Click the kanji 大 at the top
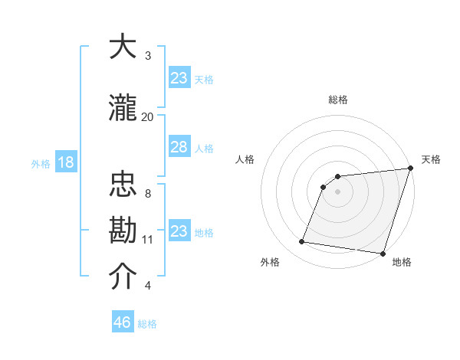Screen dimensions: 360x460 [x=123, y=48]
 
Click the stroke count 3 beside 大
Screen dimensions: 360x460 [x=148, y=56]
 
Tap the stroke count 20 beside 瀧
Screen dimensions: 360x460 [x=148, y=116]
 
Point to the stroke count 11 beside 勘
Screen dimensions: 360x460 [x=148, y=239]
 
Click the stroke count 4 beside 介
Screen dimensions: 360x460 [x=148, y=286]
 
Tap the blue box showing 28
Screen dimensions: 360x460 [x=179, y=147]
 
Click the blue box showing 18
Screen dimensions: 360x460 [x=65, y=162]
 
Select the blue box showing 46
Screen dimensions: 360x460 [x=123, y=322]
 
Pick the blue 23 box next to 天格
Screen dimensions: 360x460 [x=179, y=78]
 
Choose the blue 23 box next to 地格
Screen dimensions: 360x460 [x=179, y=231]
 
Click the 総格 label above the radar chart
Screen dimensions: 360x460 [x=338, y=100]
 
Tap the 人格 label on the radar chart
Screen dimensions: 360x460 [x=245, y=159]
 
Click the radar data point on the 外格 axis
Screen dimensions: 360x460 [x=301, y=242]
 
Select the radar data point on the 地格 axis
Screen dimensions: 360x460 [x=382, y=253]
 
